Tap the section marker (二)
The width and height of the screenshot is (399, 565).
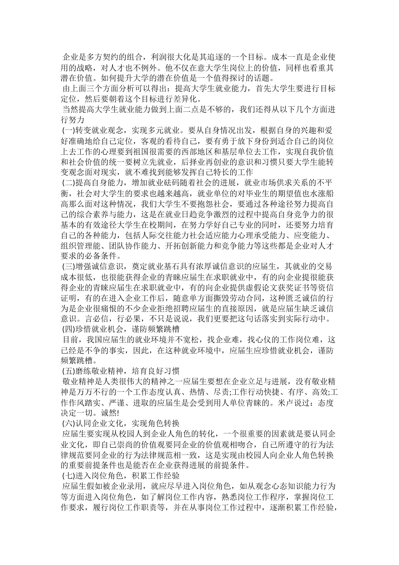pos(68,182)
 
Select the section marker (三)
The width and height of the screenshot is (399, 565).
pos(68,266)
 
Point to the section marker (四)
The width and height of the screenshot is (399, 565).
pos(68,329)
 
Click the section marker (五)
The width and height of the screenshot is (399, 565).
pos(68,371)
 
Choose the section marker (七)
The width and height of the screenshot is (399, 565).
pos(68,476)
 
